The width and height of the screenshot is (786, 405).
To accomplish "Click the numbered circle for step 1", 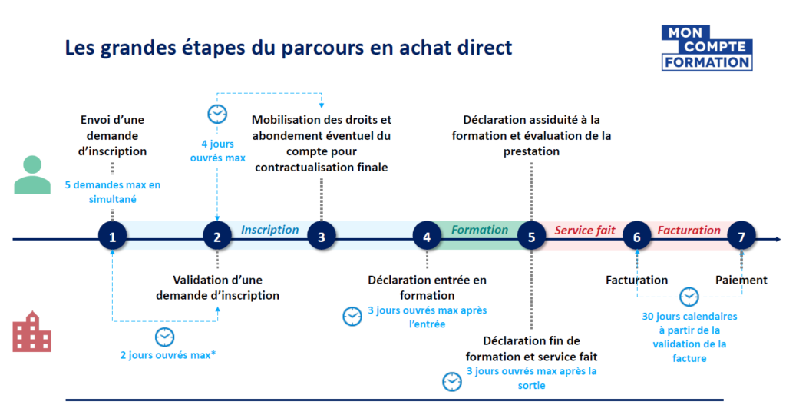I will [x=113, y=237].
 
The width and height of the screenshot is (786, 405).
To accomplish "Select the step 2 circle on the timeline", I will [x=217, y=237].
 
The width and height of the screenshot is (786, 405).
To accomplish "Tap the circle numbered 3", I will [x=322, y=237].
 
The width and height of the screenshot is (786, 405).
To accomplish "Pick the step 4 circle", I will [x=427, y=237].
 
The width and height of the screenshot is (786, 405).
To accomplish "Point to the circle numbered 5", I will [x=531, y=237].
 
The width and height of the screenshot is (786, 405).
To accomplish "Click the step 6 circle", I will [x=636, y=237].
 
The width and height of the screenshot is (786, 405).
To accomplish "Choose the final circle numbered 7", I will [x=741, y=237].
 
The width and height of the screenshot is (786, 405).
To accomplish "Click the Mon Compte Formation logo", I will [x=707, y=48].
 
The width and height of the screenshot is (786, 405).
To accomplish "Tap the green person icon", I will [x=32, y=175].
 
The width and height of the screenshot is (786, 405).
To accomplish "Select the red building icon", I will [x=32, y=332].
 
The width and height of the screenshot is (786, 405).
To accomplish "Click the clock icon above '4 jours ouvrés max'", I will [x=218, y=115].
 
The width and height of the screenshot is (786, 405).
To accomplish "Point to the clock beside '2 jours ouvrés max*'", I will [x=165, y=337].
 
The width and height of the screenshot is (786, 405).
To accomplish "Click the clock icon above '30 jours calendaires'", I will [x=689, y=297].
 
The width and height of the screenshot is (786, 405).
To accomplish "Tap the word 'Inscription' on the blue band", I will [x=269, y=230].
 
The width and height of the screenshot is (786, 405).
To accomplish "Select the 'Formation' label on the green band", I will [x=480, y=230].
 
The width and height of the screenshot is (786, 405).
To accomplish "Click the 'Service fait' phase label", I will [x=585, y=231].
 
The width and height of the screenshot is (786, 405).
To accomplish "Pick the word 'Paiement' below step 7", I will [x=741, y=280].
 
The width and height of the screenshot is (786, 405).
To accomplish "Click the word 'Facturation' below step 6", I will [x=636, y=280].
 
